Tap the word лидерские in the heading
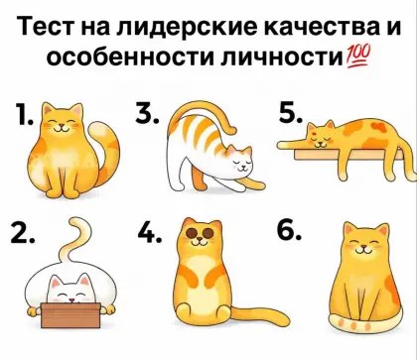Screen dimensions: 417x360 [187, 27]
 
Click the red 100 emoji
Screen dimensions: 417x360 [358, 57]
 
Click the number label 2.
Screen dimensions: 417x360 [22, 232]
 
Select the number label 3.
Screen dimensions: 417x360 [147, 112]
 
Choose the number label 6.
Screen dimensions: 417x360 [289, 230]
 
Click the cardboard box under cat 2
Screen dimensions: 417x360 [70, 315]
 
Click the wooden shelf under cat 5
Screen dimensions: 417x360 [348, 155]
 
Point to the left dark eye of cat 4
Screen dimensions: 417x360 [192, 233]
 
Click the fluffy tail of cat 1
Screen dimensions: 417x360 [105, 151]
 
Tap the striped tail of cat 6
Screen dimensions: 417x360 [364, 324]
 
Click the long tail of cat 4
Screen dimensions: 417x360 [261, 315]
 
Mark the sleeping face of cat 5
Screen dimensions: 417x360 [321, 136]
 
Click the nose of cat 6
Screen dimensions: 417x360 [363, 247]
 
